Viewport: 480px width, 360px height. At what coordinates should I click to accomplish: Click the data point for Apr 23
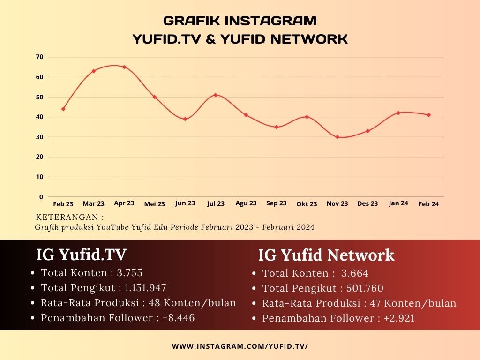(124, 67)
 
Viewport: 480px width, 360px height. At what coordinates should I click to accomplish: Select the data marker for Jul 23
(216, 95)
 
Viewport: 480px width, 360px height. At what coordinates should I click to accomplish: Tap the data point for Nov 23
(337, 137)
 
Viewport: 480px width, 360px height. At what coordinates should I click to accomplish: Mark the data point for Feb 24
(428, 115)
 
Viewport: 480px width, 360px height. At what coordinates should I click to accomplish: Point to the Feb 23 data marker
(63, 109)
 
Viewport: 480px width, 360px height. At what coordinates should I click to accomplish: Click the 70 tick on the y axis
(39, 57)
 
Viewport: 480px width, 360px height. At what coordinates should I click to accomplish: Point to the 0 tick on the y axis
(41, 197)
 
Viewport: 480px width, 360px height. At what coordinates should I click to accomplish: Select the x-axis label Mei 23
(154, 204)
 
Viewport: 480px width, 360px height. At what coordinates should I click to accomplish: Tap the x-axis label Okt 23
(307, 204)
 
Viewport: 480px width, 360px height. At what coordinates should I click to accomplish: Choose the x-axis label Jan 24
(398, 203)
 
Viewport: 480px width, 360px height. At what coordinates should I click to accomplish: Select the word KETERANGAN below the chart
(67, 217)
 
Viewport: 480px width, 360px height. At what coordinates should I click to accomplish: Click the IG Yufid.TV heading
(81, 255)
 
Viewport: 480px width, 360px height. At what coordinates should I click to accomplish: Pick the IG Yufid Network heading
(326, 255)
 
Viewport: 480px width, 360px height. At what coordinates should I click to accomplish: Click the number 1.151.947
(145, 288)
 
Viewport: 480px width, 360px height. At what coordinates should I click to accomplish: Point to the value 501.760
(365, 288)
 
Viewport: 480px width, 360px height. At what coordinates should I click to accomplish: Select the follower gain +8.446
(179, 318)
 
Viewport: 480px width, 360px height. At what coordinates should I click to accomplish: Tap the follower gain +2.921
(399, 318)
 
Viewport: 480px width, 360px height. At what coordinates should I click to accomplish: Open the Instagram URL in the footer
(240, 346)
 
